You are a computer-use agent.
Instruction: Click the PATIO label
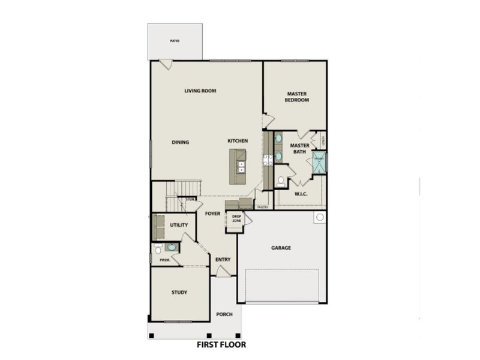175,41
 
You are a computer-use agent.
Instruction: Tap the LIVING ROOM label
200,91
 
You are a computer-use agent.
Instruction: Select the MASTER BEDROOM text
297,97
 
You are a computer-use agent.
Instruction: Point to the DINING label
180,142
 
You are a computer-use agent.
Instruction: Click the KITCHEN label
238,141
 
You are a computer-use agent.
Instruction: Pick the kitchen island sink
242,166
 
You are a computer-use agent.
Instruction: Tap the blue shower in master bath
319,162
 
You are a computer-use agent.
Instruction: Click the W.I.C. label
301,194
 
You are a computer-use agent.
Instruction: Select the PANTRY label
262,207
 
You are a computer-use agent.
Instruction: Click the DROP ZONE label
236,218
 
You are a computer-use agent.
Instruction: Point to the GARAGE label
281,247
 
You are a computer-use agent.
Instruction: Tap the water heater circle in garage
319,217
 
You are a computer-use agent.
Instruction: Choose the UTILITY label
179,225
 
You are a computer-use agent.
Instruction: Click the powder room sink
172,247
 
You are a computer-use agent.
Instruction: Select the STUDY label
179,292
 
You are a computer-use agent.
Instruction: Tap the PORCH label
224,314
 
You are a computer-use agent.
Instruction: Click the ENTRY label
223,259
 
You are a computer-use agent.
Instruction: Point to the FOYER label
212,214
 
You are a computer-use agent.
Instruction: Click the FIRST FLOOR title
221,345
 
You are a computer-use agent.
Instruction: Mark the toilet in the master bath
281,179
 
